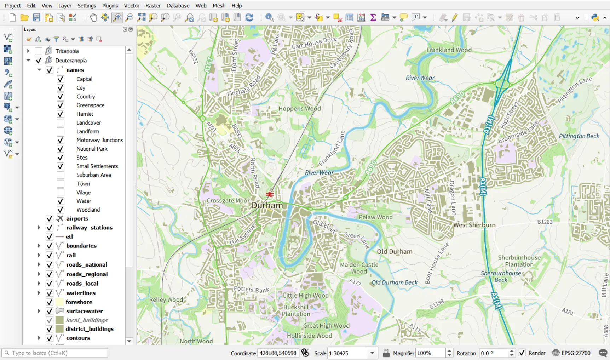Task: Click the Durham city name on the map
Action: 267,205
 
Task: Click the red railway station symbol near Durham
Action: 270,194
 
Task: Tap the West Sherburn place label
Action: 474,225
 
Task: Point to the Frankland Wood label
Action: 449,50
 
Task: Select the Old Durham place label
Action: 395,252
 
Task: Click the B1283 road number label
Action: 545,222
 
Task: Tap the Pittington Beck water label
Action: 579,136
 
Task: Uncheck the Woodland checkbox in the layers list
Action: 61,210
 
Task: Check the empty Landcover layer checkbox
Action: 61,123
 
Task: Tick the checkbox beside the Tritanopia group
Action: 39,51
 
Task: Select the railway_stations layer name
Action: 89,228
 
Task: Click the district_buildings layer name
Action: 90,329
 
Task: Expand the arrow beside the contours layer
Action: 39,338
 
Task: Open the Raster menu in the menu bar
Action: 153,6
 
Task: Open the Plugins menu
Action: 110,6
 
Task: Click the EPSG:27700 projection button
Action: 571,353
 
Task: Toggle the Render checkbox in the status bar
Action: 522,353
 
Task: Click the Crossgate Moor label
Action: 228,201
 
